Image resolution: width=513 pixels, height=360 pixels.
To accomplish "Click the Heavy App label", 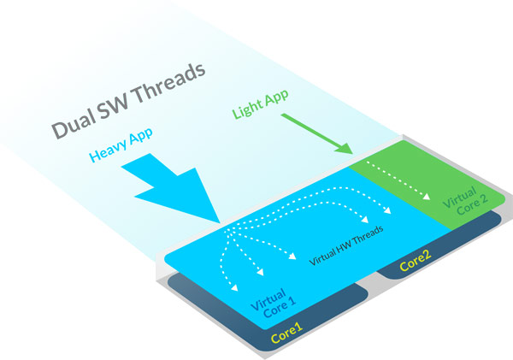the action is [121, 145].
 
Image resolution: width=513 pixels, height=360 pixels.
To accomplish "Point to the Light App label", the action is [261, 103].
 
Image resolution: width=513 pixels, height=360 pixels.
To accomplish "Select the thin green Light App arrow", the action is [316, 133].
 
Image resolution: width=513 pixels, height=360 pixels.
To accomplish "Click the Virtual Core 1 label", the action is [274, 303].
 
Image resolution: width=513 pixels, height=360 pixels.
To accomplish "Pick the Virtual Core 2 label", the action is [465, 201].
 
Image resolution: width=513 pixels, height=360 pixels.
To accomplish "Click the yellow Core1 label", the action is [286, 333].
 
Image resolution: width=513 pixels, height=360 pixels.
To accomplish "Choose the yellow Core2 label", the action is [416, 261].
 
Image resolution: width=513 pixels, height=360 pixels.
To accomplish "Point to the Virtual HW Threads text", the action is [345, 245].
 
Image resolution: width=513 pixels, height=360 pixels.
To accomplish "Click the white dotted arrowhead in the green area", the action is [426, 197].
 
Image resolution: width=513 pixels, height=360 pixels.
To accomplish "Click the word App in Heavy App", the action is [141, 136].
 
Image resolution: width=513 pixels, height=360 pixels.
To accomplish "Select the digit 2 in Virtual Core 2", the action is [483, 198].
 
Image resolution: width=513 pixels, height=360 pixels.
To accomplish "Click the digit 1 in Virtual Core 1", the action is [292, 301].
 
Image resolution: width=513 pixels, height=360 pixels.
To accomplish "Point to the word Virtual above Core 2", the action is [459, 197].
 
